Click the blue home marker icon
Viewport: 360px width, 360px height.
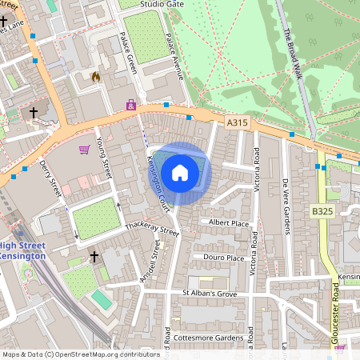(x=180, y=173)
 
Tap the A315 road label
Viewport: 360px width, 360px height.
(x=236, y=122)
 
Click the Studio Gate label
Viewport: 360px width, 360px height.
(x=162, y=4)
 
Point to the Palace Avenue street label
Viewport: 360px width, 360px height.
(x=174, y=55)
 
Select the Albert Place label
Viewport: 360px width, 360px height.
(x=229, y=222)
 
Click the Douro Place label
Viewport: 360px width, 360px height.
(x=224, y=258)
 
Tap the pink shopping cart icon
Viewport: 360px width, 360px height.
(x=84, y=149)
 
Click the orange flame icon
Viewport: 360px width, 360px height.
(x=96, y=77)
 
